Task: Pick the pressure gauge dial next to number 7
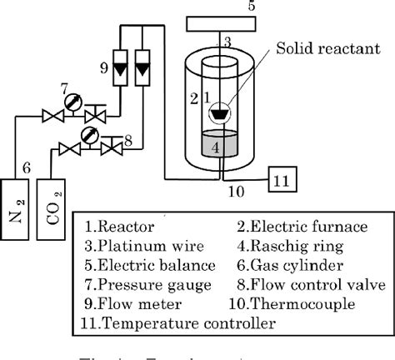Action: point(71,103)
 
